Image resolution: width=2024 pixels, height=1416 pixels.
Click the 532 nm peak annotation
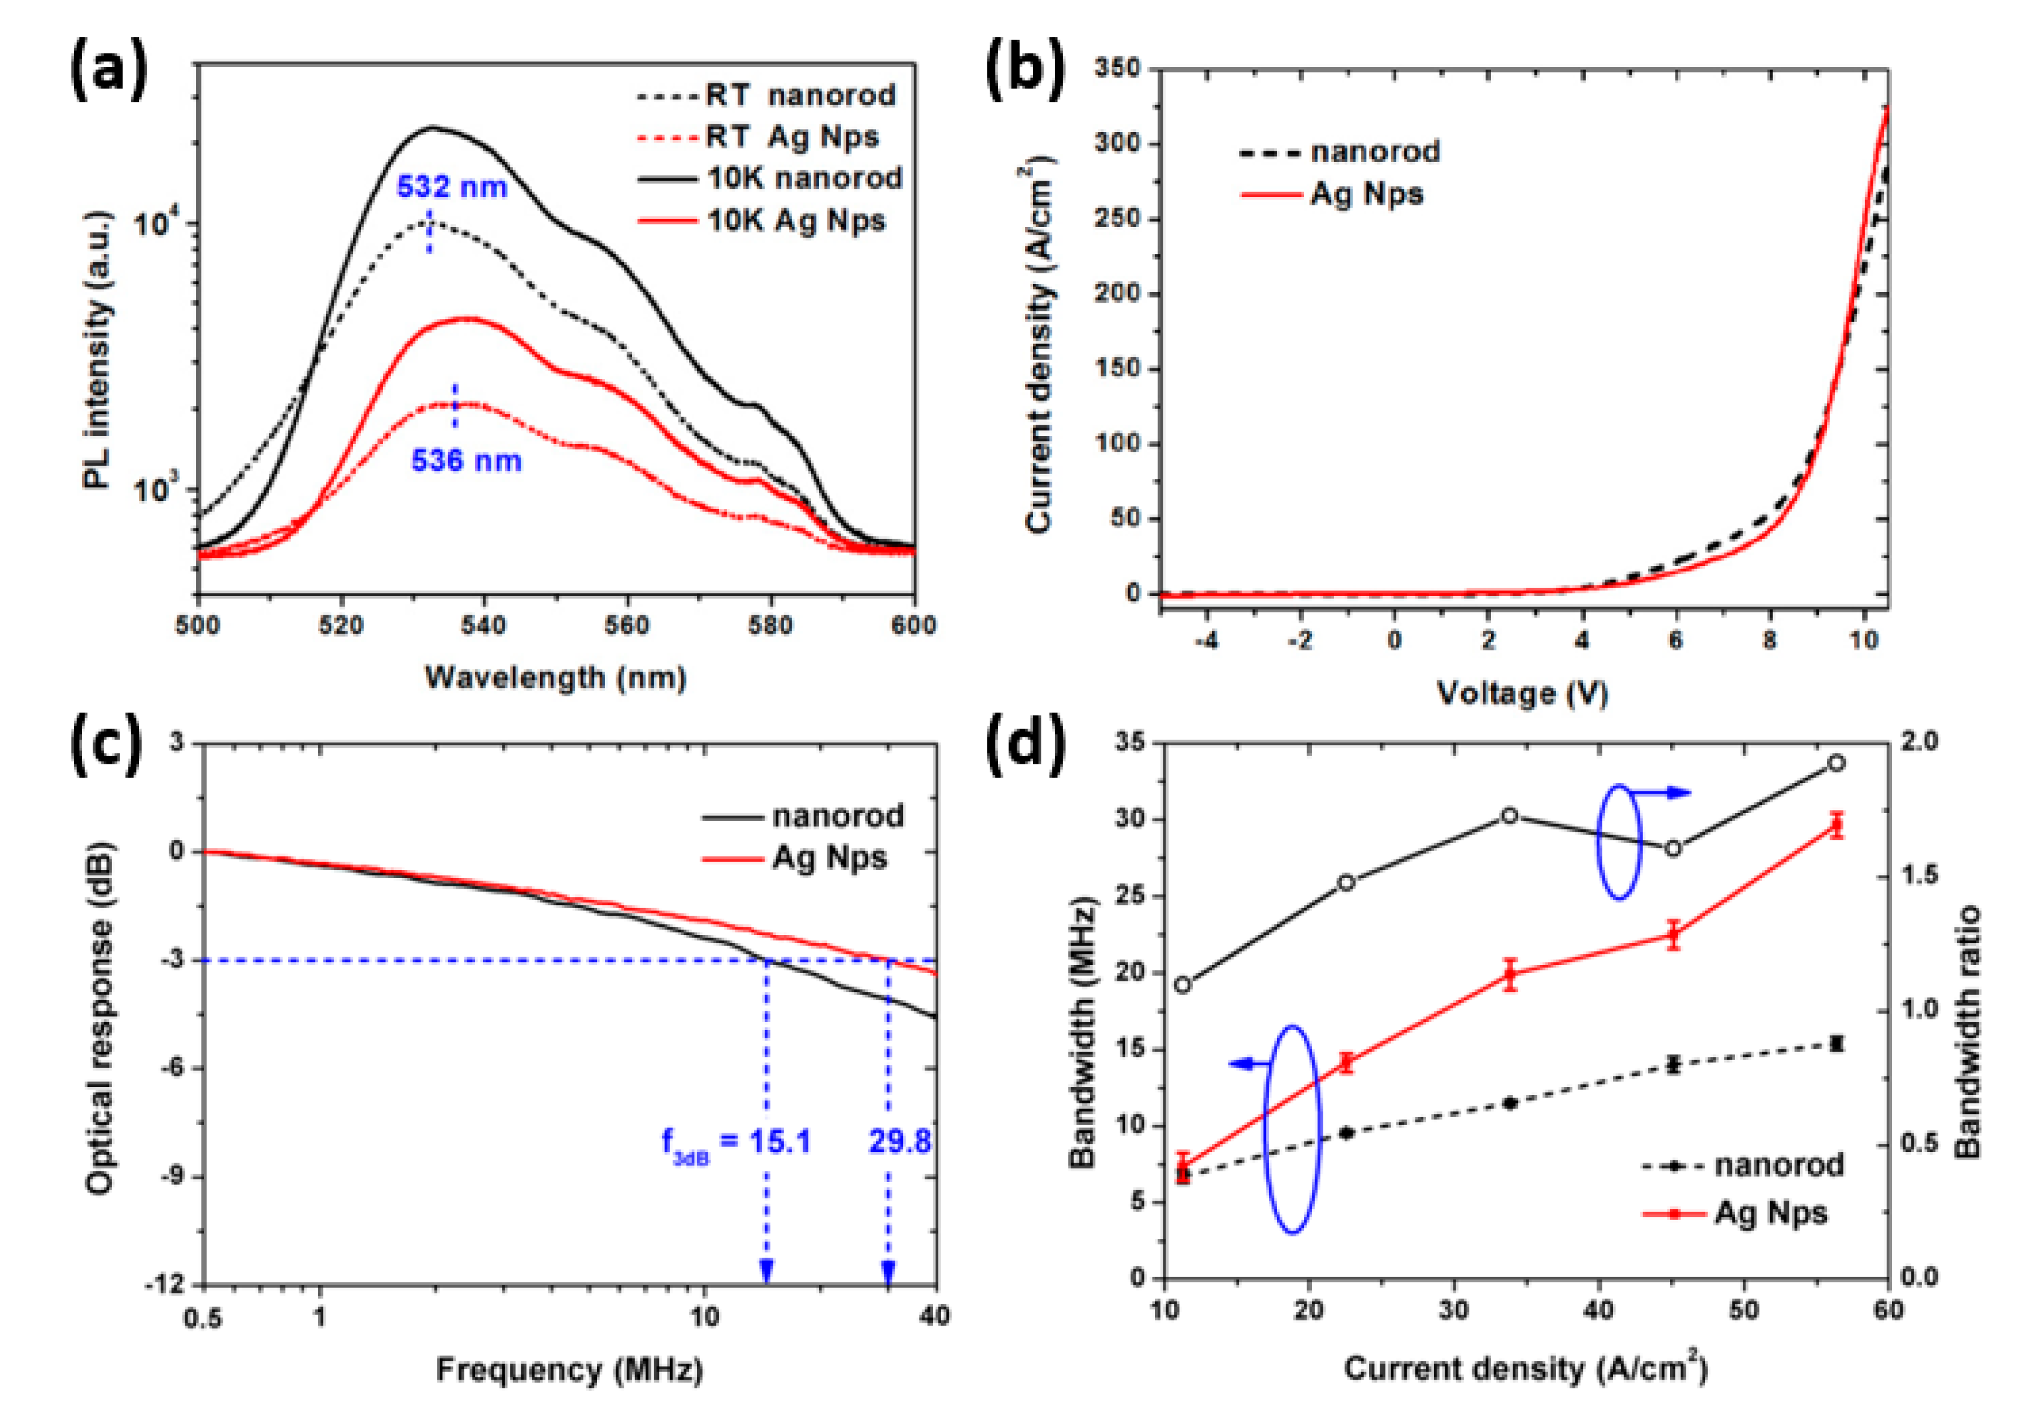coord(451,187)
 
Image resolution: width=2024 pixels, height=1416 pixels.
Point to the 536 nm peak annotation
coord(466,460)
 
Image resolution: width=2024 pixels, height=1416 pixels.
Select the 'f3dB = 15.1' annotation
coord(736,1144)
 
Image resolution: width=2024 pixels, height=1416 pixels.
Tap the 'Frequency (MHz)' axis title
coord(569,1369)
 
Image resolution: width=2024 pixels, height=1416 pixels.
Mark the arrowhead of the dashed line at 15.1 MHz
coord(766,1272)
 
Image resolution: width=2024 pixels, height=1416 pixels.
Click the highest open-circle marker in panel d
coord(1836,763)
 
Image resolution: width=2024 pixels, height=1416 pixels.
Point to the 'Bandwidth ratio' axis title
coord(1968,1032)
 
